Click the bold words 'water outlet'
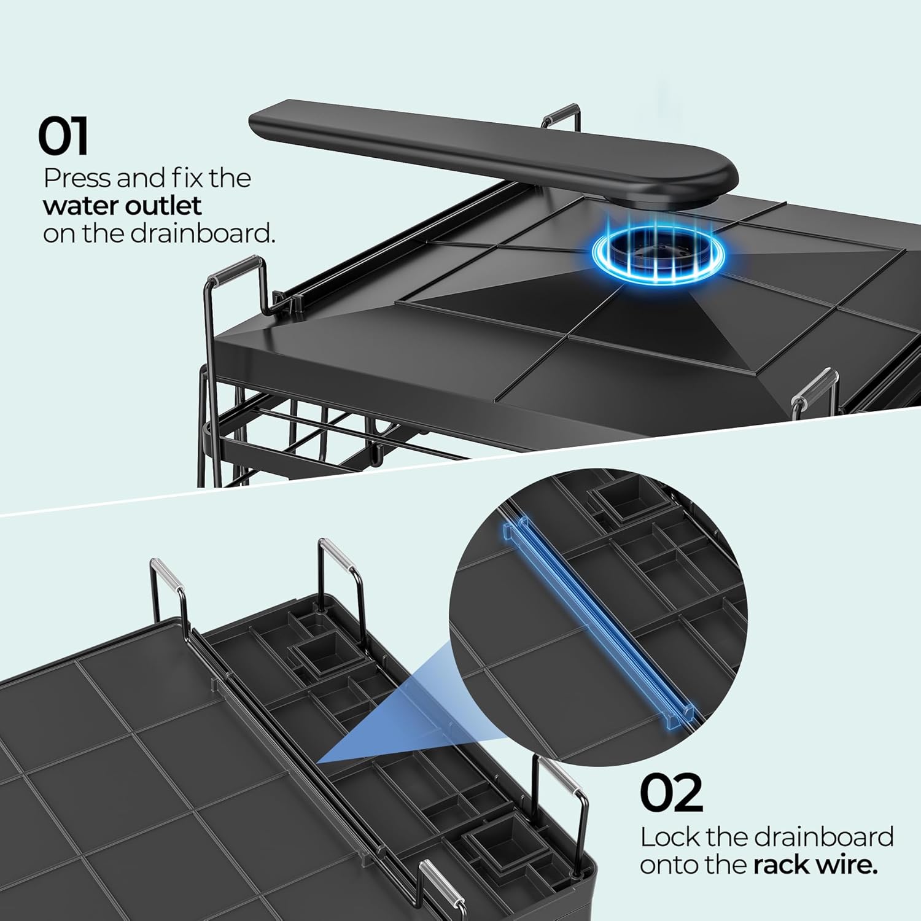[122, 206]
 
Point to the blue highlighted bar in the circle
[599, 620]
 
